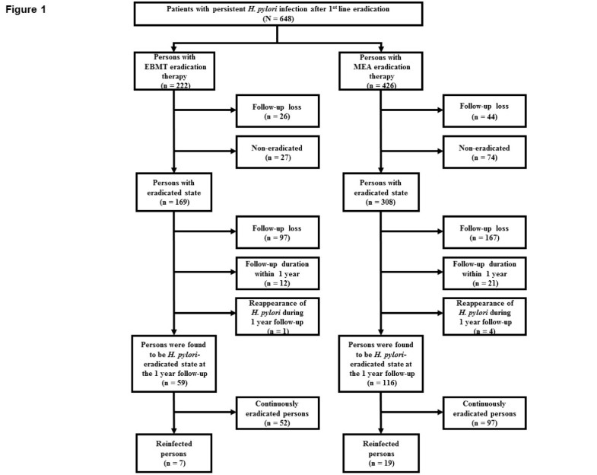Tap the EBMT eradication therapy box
click(x=174, y=73)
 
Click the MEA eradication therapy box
click(x=379, y=73)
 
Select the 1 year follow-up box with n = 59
click(x=174, y=362)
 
